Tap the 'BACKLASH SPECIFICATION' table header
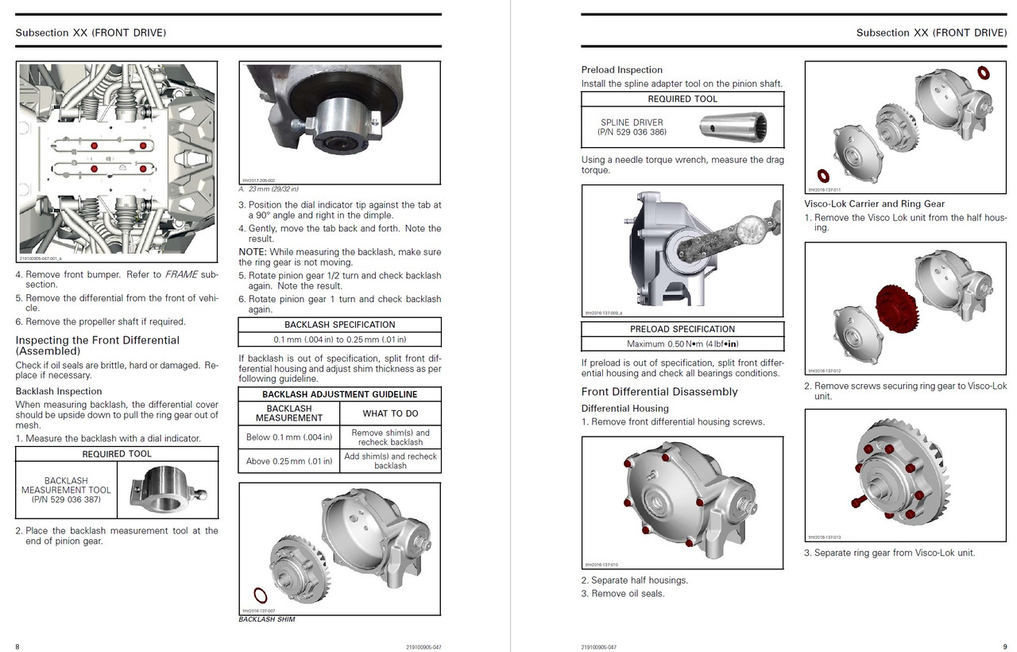(x=339, y=324)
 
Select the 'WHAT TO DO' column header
(x=390, y=413)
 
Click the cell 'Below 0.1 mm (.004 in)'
(x=289, y=437)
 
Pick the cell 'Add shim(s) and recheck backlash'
(x=390, y=461)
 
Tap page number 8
(x=17, y=646)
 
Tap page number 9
(x=1004, y=646)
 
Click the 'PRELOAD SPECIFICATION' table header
(x=683, y=329)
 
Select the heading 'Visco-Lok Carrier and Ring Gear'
(x=875, y=204)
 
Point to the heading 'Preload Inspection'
(x=621, y=70)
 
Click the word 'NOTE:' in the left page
(x=253, y=252)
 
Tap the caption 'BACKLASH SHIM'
(x=267, y=619)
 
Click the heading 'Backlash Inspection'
(x=59, y=391)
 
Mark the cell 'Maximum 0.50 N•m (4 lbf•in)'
(x=683, y=344)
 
